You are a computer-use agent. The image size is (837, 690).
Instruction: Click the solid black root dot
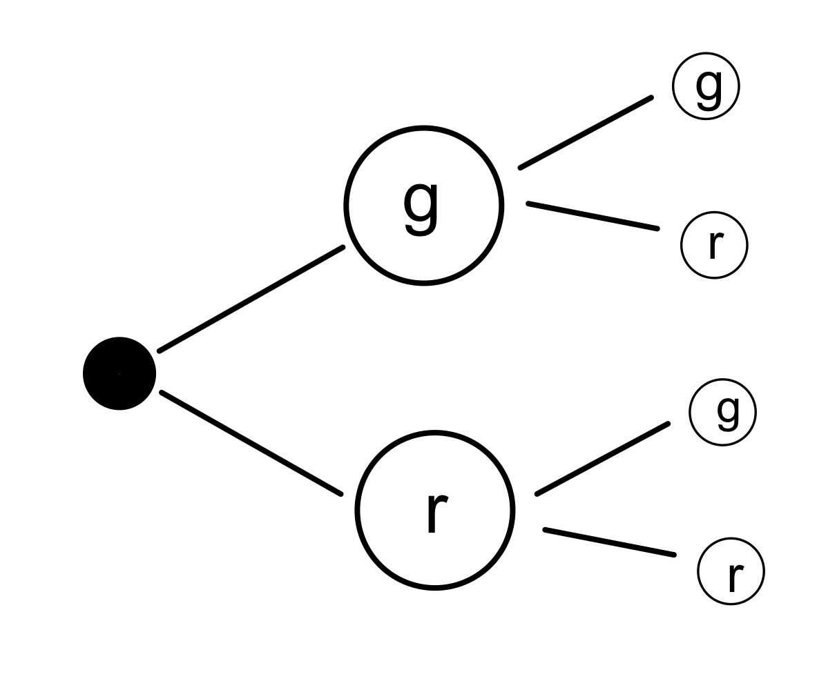(x=119, y=373)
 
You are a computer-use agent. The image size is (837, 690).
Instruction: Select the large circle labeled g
(x=345, y=206)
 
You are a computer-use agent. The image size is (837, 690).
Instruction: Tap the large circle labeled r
(x=357, y=510)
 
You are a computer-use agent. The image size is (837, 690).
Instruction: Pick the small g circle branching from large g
(x=673, y=86)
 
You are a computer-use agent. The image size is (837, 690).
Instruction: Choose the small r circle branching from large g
(x=682, y=245)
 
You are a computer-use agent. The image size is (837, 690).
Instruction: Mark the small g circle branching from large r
(x=691, y=412)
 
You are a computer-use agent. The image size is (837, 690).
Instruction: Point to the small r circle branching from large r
(x=699, y=571)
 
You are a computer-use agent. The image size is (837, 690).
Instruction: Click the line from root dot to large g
(x=251, y=299)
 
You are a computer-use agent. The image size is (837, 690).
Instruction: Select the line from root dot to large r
(x=251, y=443)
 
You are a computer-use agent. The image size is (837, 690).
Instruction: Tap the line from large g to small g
(x=586, y=132)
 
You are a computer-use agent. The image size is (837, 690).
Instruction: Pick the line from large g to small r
(x=593, y=216)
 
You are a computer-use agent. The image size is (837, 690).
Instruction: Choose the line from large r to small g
(x=602, y=459)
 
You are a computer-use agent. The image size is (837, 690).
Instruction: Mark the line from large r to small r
(x=610, y=542)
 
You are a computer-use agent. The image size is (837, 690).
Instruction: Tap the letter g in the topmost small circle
(x=709, y=89)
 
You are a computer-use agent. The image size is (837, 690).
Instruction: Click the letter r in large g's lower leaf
(x=716, y=245)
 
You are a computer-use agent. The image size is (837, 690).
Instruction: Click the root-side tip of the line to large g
(x=160, y=352)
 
